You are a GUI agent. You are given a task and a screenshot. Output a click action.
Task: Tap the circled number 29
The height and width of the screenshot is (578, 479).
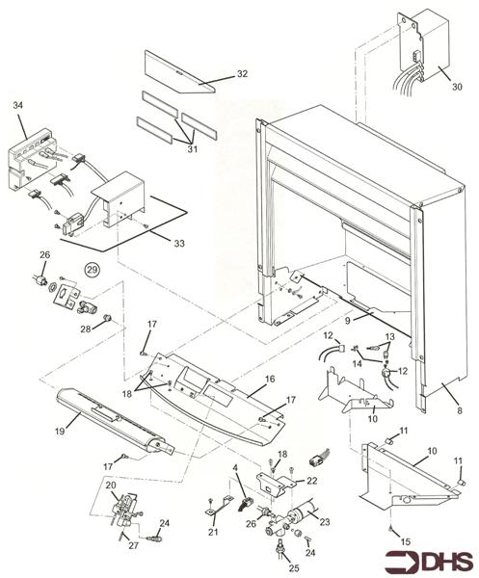click(93, 271)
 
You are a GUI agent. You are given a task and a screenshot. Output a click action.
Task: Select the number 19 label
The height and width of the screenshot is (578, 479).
click(60, 431)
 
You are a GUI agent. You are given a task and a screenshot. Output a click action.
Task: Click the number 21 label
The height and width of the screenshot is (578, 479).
click(212, 531)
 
